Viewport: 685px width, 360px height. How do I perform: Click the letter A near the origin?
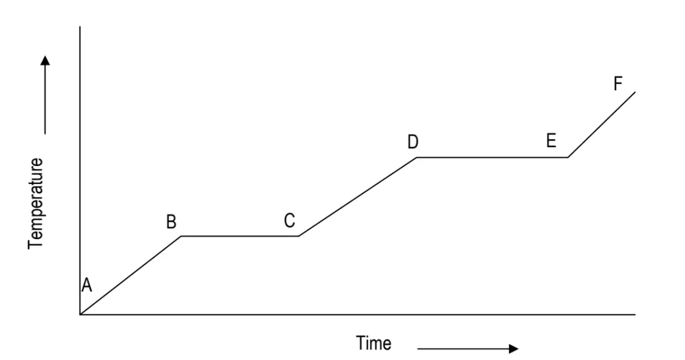[x=87, y=285]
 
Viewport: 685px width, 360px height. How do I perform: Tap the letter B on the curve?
[x=171, y=222]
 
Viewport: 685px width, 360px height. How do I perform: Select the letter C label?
[x=289, y=221]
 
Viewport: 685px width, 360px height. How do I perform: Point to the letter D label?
[x=413, y=142]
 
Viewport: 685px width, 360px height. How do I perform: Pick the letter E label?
[x=551, y=141]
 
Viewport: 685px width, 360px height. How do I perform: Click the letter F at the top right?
[x=618, y=84]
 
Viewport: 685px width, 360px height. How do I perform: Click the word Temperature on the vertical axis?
[x=36, y=203]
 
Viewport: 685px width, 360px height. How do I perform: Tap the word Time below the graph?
[x=373, y=343]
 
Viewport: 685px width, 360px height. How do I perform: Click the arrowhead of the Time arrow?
[x=514, y=349]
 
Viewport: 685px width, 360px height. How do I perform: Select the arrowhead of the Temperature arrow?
[x=45, y=60]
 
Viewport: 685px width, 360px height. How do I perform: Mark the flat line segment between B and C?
[x=240, y=236]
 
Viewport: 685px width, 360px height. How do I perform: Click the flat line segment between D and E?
[x=492, y=157]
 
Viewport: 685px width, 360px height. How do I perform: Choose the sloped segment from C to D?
[x=357, y=196]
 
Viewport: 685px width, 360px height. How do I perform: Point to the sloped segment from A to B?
[x=130, y=275]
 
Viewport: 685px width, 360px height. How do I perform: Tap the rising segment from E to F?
[x=601, y=124]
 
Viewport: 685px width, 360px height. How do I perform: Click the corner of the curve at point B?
[x=181, y=236]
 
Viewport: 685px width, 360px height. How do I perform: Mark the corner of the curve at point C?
[x=299, y=236]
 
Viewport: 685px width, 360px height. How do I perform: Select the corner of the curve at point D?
[x=416, y=157]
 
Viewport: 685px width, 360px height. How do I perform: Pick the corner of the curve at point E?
[x=568, y=157]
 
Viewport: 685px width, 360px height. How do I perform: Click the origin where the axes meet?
[x=80, y=314]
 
